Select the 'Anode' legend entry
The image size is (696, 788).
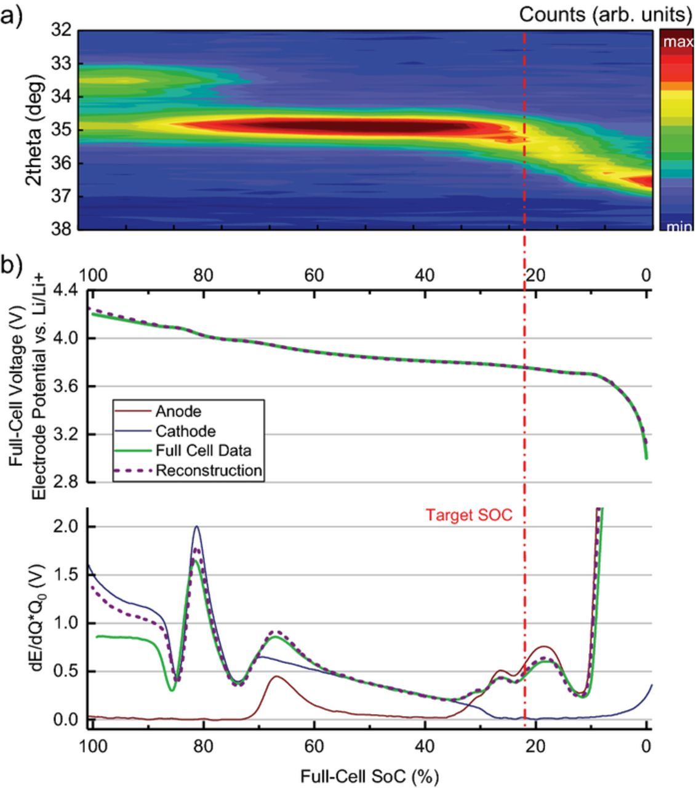pos(178,411)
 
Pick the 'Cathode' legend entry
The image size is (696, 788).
pos(185,431)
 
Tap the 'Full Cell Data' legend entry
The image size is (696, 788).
pos(203,451)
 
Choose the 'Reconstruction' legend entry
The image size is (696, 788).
pos(209,471)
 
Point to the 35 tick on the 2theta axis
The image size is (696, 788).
pos(63,130)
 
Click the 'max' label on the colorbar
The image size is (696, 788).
pos(678,42)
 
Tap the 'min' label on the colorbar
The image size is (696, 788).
pos(678,227)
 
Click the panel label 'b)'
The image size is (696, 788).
pos(11,265)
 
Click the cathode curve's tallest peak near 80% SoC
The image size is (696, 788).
pos(196,527)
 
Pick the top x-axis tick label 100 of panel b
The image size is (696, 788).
pos(92,275)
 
